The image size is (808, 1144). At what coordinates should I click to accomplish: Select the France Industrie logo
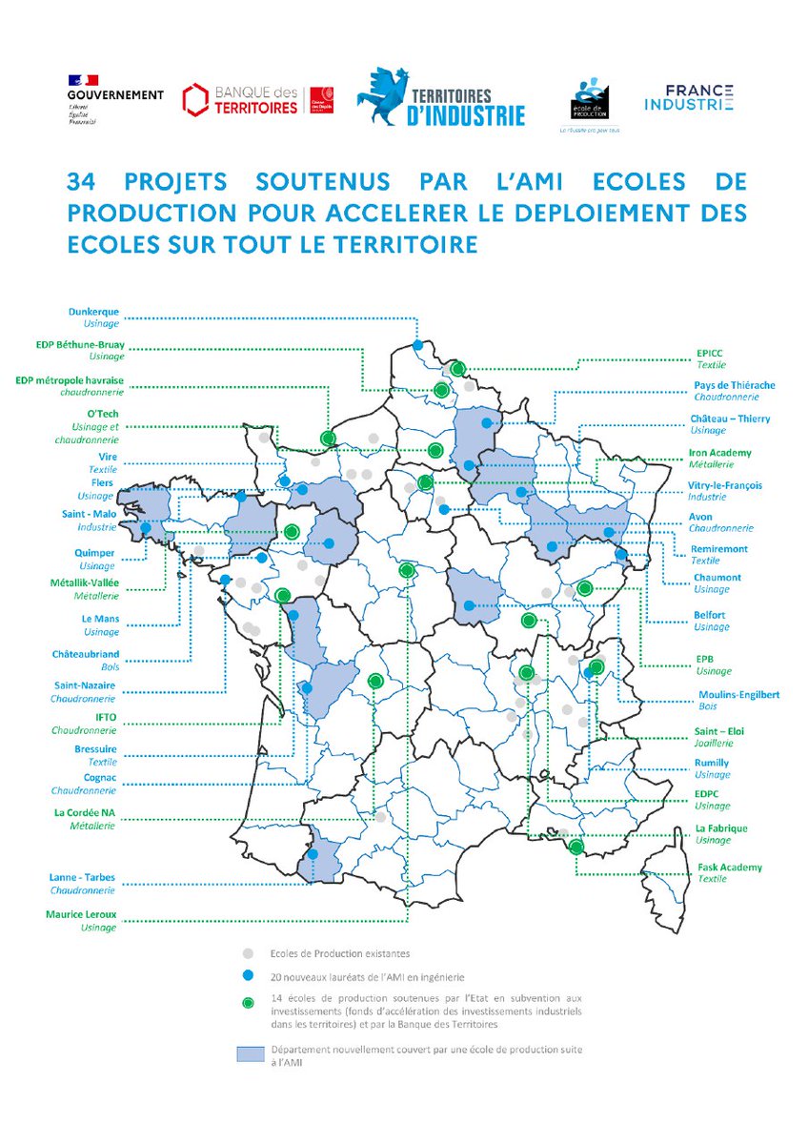[688, 97]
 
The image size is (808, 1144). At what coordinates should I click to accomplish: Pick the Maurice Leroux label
[81, 914]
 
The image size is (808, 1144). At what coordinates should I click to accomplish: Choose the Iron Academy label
[719, 453]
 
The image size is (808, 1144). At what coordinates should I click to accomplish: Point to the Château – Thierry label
[730, 419]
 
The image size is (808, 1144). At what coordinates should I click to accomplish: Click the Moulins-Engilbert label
[738, 694]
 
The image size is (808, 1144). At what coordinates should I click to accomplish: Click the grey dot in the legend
[248, 952]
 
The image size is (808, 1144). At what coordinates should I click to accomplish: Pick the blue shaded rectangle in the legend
[249, 1053]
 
